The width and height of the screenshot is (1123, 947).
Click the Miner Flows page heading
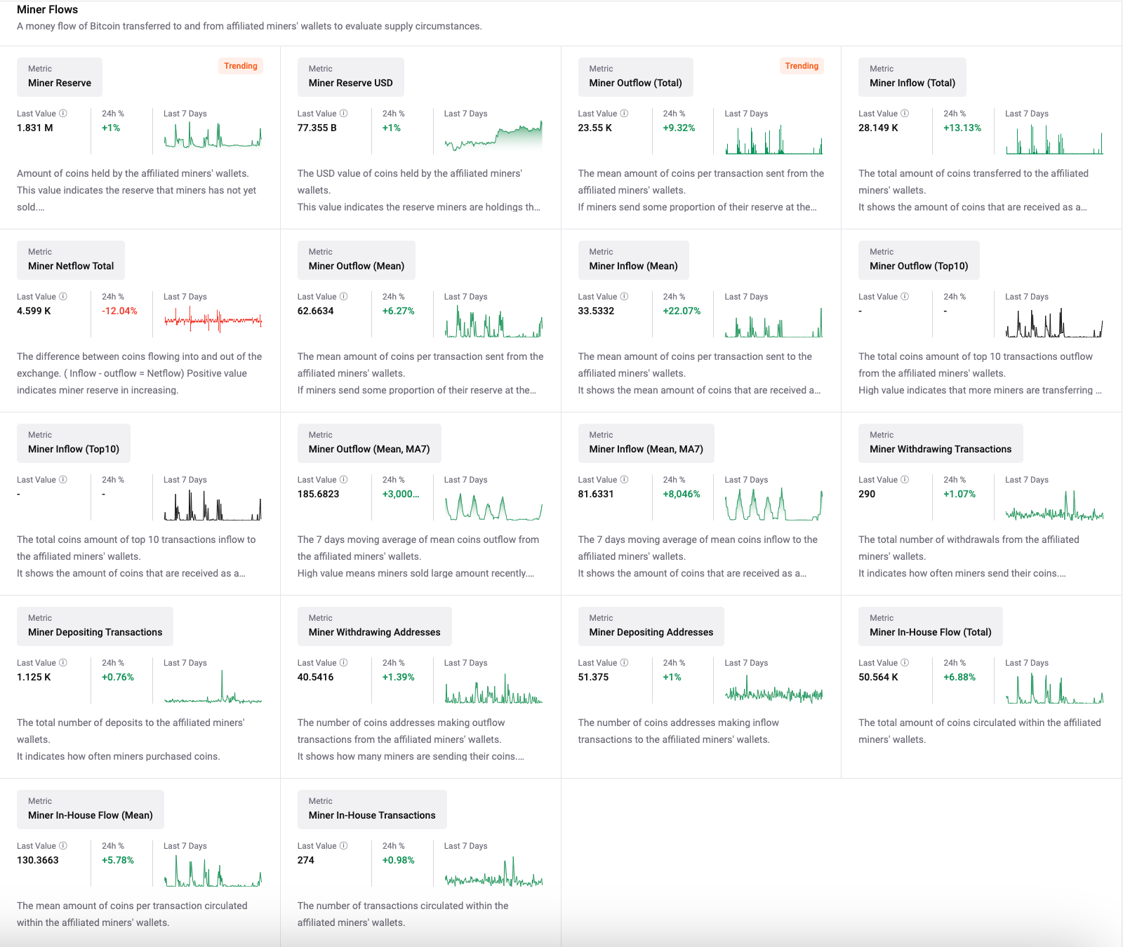[x=47, y=10]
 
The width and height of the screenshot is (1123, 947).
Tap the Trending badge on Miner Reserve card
[x=241, y=66]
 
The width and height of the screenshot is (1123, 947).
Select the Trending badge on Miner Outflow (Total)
[x=802, y=66]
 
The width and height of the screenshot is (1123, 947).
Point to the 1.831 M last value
[x=35, y=128]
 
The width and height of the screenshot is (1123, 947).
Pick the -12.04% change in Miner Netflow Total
[x=119, y=311]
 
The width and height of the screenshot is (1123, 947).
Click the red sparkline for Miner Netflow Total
[x=213, y=320]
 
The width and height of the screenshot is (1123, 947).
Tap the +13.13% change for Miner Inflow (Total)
[x=962, y=128]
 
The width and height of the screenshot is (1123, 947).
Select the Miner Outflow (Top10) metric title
[x=918, y=266]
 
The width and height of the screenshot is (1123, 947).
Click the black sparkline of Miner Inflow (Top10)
[x=213, y=505]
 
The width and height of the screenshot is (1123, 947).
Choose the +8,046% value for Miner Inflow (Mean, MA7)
[x=681, y=494]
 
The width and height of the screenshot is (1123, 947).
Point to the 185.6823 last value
[x=318, y=494]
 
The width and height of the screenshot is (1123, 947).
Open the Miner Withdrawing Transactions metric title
[x=940, y=449]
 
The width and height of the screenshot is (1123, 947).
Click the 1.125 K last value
[x=34, y=677]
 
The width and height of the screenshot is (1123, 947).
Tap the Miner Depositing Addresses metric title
[x=651, y=632]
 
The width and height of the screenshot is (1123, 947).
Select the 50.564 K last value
[x=878, y=677]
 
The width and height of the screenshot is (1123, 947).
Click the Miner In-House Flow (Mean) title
[x=90, y=815]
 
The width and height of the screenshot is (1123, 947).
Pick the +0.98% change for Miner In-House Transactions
[x=398, y=860]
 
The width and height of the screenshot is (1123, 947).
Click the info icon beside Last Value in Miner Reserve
[x=63, y=114]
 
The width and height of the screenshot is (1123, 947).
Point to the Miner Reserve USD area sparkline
[x=493, y=136]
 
